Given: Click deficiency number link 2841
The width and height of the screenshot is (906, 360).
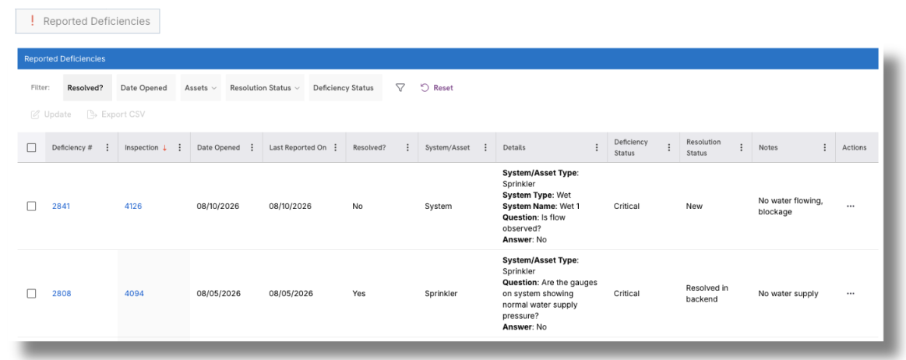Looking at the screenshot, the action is click(x=61, y=206).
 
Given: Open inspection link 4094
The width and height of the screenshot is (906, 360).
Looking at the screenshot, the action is click(x=134, y=294).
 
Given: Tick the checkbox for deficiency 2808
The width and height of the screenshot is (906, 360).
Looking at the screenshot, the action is click(x=32, y=294).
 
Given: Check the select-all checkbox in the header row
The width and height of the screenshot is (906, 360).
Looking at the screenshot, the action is click(x=32, y=147).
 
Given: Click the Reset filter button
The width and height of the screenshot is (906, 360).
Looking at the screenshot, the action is click(x=437, y=88).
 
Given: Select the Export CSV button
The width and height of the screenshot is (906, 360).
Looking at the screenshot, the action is click(x=116, y=115).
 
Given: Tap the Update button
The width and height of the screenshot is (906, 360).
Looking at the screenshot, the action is click(x=51, y=115).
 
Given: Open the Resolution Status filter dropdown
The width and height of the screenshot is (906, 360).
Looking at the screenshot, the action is click(x=265, y=88).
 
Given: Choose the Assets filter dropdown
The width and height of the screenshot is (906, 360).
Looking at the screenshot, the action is click(x=200, y=88).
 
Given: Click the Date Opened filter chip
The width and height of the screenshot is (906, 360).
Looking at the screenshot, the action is click(x=144, y=88).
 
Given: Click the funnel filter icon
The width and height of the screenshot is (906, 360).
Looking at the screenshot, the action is click(x=400, y=88).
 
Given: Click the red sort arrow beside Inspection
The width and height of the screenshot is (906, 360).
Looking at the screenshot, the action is click(x=164, y=148).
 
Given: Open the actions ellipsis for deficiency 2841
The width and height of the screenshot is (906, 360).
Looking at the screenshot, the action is click(x=850, y=206).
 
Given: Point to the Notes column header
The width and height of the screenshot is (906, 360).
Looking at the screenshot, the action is click(x=768, y=147).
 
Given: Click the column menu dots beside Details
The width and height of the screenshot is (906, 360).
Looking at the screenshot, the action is click(x=597, y=147).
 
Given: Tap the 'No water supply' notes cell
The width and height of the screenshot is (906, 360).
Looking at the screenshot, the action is click(x=788, y=294).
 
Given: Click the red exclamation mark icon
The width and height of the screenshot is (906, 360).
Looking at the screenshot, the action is click(x=33, y=21).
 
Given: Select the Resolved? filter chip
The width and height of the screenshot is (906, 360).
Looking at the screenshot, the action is click(x=86, y=88).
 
